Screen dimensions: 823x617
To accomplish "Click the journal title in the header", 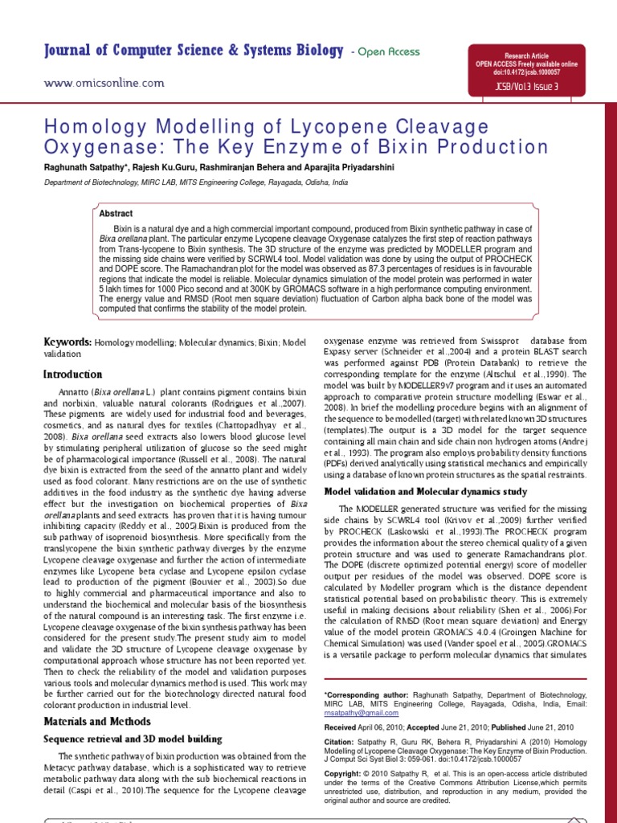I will (x=193, y=51).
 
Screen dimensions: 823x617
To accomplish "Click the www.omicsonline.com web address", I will (x=104, y=83).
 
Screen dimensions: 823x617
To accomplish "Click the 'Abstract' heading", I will (x=116, y=214).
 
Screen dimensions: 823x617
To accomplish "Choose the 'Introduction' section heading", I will (x=72, y=374).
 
